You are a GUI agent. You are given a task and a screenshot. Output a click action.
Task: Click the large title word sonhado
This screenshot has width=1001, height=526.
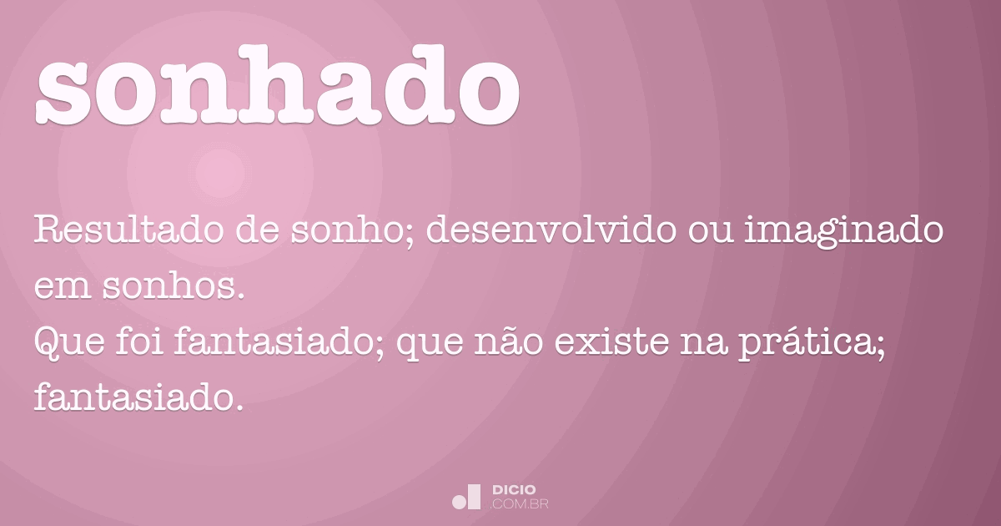click(278, 85)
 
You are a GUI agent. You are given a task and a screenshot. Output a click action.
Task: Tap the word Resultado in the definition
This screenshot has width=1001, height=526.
click(128, 230)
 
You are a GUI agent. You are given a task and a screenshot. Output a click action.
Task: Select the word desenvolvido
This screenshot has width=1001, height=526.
click(551, 230)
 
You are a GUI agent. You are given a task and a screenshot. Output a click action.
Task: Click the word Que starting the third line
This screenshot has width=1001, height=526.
click(68, 342)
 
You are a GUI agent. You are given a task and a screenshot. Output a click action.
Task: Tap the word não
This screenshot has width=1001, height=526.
click(509, 342)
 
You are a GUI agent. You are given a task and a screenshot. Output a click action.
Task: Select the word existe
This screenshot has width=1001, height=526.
click(612, 341)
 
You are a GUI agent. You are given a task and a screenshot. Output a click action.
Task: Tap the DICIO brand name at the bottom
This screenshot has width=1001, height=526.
click(514, 490)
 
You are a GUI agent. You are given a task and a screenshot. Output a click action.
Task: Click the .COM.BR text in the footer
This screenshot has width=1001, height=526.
click(519, 504)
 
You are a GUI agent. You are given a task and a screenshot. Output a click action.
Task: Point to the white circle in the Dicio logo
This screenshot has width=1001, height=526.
click(460, 502)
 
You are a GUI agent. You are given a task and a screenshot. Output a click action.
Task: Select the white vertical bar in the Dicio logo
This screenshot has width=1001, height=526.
click(475, 497)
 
